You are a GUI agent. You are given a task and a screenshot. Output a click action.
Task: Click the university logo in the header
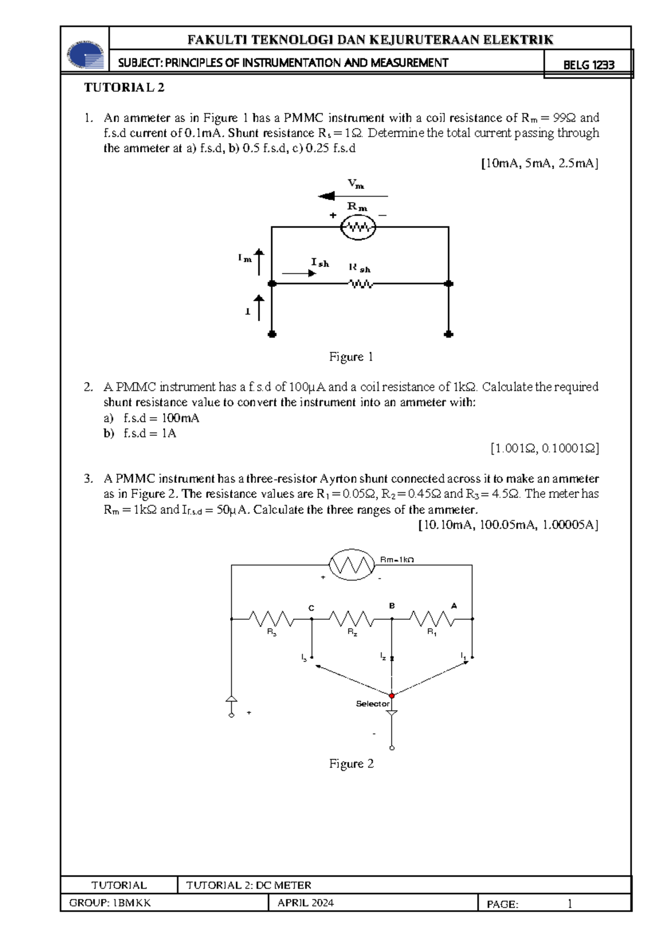[86, 54]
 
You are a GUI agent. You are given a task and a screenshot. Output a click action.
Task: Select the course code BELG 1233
[588, 65]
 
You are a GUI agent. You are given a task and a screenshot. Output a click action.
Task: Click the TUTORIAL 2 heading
[124, 88]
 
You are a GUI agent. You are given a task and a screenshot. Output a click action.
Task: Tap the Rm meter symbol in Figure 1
[358, 227]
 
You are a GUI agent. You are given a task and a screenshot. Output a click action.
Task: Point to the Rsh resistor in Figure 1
[361, 284]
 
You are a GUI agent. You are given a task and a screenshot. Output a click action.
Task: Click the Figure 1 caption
[351, 357]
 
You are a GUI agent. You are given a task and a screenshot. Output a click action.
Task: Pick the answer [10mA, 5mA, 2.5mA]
[539, 164]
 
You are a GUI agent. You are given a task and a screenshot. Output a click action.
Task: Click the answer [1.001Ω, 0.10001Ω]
[544, 448]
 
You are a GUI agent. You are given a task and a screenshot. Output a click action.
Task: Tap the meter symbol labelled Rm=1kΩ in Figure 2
[351, 564]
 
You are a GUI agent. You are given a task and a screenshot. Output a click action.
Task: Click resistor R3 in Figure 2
[271, 619]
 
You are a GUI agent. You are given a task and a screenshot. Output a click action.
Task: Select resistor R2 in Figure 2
[351, 619]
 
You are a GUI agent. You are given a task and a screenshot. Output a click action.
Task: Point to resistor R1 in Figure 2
[432, 619]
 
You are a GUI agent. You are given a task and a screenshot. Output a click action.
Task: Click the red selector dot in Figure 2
[392, 696]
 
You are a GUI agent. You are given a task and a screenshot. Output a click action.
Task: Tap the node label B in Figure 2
[392, 605]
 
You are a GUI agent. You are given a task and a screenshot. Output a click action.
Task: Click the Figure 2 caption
[351, 764]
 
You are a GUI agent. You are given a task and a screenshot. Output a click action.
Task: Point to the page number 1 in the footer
[569, 904]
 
